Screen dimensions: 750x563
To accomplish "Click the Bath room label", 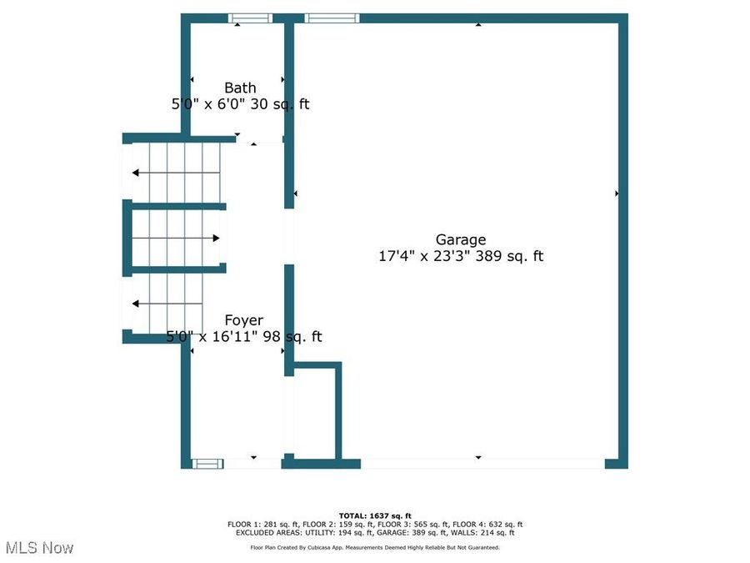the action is (x=240, y=88).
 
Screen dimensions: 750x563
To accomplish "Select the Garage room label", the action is (x=461, y=239).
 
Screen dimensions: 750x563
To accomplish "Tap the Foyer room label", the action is (x=244, y=320).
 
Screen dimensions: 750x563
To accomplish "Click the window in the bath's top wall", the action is (x=250, y=18).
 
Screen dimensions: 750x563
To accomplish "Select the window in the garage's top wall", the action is (x=332, y=18).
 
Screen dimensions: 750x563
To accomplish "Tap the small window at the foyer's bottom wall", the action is (x=207, y=464).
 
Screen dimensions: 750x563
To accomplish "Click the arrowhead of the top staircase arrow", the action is (x=135, y=173).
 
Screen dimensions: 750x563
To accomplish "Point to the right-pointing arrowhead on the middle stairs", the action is (x=216, y=238).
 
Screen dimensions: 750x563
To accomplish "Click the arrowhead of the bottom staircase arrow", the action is (x=135, y=304).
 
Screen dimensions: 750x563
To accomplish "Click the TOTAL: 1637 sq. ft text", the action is (x=375, y=515).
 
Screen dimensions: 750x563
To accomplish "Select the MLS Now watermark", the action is (x=40, y=548).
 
